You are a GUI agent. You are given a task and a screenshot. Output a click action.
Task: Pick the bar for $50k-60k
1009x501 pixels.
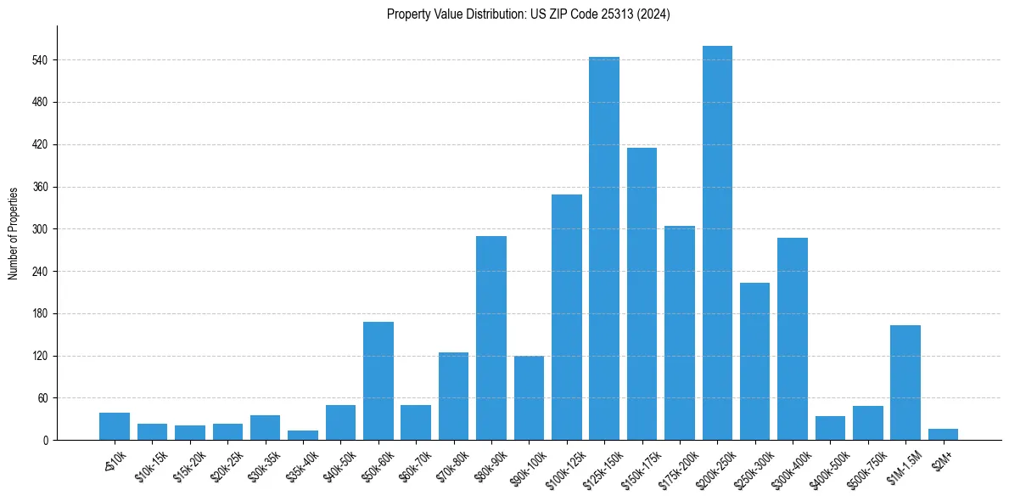378,380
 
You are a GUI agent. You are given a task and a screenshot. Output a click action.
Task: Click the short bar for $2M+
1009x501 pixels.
943,434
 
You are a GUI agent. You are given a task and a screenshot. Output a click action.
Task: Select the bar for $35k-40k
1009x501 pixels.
303,435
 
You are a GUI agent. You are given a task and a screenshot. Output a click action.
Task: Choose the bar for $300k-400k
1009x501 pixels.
793,339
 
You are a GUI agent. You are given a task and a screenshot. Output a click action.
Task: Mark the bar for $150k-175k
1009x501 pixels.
642,294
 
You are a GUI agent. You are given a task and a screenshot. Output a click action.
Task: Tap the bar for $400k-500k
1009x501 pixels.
830,428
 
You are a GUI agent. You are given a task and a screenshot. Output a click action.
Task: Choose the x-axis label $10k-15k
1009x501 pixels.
149,465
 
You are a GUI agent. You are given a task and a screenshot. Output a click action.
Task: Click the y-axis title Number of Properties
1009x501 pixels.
13,234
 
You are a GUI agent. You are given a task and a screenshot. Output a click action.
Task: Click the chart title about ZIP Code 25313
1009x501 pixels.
529,14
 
